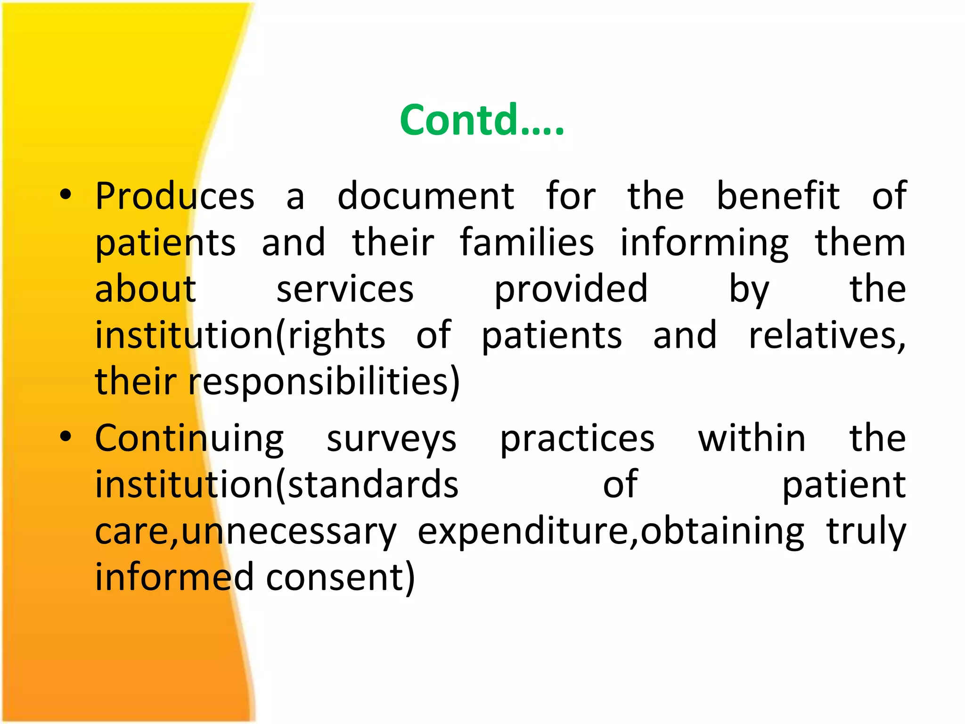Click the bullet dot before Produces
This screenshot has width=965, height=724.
click(x=65, y=195)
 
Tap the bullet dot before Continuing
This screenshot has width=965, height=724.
click(x=65, y=437)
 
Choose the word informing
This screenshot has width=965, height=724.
click(x=704, y=243)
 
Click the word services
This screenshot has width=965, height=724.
click(x=345, y=289)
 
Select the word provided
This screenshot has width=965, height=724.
click(x=571, y=289)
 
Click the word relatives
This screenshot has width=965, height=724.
click(x=826, y=336)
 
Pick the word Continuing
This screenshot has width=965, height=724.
click(x=189, y=439)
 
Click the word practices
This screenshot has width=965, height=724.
click(x=577, y=439)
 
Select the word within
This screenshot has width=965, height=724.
click(x=752, y=438)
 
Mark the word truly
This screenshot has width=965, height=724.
click(x=866, y=532)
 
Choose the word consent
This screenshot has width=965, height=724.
click(x=340, y=577)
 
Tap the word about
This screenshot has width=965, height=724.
click(x=146, y=289)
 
